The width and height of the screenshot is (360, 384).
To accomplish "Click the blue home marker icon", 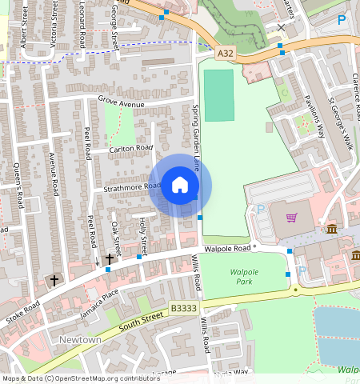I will (180, 186).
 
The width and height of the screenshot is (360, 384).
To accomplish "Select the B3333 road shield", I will (183, 307).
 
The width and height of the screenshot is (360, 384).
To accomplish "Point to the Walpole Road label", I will (227, 249).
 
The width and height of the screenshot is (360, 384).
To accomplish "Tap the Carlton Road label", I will (131, 148).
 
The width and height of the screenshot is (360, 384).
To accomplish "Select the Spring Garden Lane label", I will (195, 139).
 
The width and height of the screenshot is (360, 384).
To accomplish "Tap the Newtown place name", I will (80, 340).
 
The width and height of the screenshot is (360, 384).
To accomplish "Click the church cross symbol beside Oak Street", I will (110, 259).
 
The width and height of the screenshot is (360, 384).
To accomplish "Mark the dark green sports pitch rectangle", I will (218, 95).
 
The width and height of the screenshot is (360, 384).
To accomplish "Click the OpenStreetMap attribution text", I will (80, 378).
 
